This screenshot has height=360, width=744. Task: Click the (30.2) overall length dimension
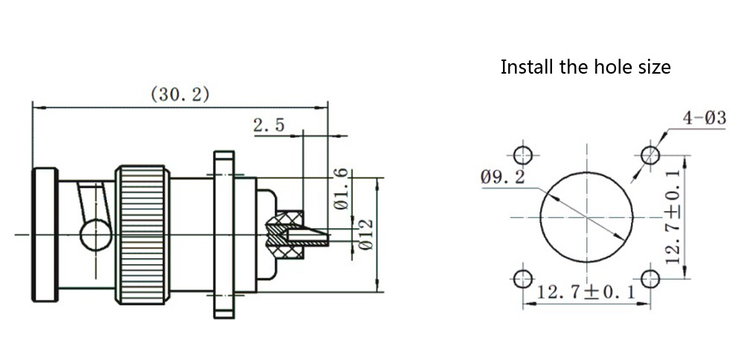point(180,94)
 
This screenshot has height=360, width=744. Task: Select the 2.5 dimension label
point(269,125)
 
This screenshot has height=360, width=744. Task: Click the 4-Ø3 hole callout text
point(704,117)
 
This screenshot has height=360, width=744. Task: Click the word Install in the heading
point(525,67)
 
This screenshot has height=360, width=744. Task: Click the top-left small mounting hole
point(524,155)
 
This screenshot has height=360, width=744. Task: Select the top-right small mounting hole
point(650,155)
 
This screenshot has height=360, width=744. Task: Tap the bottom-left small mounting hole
point(524,280)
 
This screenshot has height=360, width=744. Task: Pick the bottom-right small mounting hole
point(650,280)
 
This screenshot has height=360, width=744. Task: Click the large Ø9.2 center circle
point(587,217)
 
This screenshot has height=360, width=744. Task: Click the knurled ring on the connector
point(142,235)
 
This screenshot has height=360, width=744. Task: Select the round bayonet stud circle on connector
point(95,235)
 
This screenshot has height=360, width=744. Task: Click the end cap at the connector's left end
point(45,235)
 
